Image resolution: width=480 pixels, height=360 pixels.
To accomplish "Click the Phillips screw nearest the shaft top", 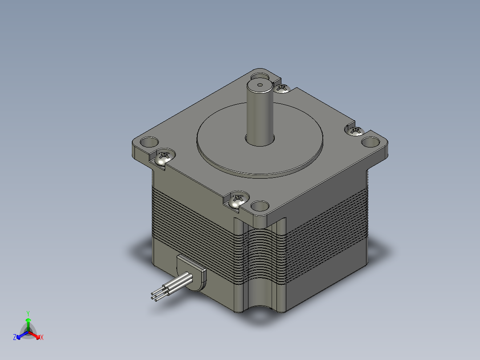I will click(282, 88).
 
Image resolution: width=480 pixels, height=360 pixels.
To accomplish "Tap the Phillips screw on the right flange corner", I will click(356, 130).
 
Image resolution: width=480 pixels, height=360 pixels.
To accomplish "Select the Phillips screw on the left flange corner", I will click(164, 156).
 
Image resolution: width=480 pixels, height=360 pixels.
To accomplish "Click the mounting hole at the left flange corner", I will click(148, 143).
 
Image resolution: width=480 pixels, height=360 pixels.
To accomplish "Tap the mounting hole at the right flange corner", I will click(370, 142).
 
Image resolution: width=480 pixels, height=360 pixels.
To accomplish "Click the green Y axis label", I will click(28, 313).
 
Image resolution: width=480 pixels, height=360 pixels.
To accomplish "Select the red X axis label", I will click(41, 337).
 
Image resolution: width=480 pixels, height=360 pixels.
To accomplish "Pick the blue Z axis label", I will click(15, 337).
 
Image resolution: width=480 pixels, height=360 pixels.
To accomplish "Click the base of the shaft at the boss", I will click(260, 140).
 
